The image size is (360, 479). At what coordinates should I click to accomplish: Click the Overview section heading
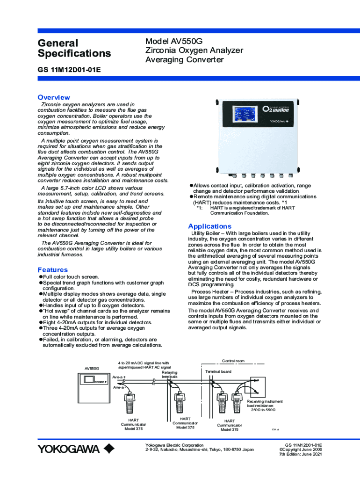54,97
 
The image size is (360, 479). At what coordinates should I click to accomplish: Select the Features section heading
52,270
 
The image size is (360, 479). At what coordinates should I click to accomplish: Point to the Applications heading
209,226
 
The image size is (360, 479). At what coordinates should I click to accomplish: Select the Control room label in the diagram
233,361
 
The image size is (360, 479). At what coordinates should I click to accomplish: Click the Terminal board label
218,371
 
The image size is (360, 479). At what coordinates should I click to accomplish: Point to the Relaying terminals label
170,374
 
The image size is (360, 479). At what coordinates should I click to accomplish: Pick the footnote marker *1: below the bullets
199,208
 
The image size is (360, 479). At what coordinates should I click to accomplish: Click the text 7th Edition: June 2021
300,454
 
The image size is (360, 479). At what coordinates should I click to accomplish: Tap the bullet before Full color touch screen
41,277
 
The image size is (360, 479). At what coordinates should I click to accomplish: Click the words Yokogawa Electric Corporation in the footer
174,445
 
